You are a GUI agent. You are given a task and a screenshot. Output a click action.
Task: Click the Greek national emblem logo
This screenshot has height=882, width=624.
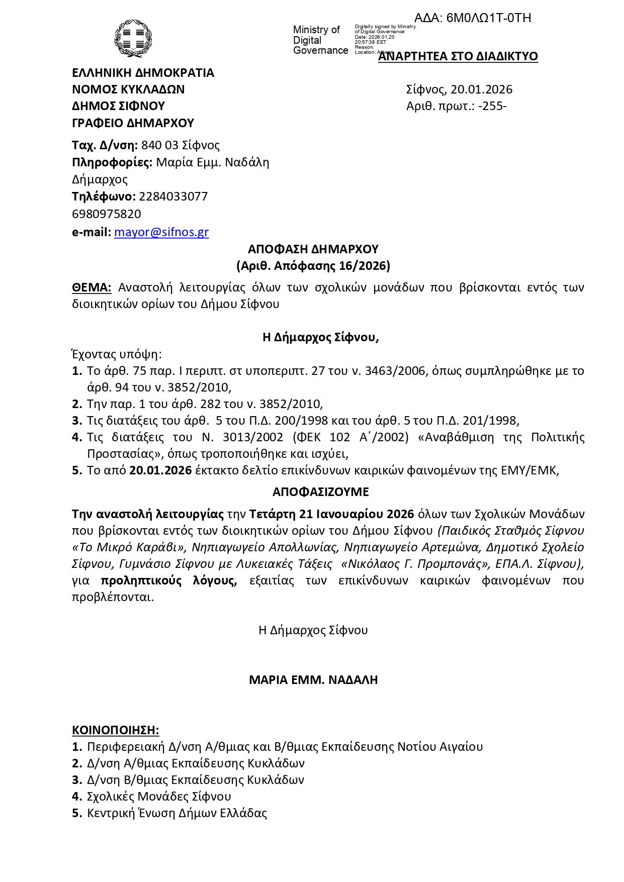click(133, 38)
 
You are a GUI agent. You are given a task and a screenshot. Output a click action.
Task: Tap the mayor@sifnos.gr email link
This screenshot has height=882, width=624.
click(161, 232)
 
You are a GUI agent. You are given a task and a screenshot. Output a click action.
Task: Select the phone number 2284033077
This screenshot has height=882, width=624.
click(173, 197)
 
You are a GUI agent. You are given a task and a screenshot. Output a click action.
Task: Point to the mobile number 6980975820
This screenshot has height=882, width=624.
click(107, 214)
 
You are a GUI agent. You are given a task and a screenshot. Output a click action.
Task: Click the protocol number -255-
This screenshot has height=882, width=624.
click(492, 106)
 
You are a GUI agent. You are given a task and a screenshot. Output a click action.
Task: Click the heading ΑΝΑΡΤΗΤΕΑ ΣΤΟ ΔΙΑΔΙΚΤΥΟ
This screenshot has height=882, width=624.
click(458, 56)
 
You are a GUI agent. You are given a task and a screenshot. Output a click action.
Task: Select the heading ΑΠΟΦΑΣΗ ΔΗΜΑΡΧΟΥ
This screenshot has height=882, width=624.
click(313, 249)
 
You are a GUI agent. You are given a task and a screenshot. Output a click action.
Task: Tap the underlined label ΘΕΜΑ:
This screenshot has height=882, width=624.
click(92, 287)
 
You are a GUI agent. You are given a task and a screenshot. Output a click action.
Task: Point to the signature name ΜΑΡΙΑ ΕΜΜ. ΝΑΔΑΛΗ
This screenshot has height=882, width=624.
click(313, 680)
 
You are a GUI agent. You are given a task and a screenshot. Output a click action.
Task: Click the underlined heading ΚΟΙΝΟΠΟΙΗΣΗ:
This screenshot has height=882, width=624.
click(115, 730)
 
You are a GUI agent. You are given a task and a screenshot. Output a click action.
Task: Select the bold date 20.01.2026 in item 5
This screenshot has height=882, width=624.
click(160, 470)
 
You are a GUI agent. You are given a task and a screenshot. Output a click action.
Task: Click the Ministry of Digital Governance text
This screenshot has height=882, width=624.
click(320, 40)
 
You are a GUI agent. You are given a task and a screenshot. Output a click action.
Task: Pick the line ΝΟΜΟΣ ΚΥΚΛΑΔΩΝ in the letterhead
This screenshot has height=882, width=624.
click(128, 89)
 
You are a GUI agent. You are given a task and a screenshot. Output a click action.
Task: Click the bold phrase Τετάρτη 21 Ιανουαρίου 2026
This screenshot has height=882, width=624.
click(331, 514)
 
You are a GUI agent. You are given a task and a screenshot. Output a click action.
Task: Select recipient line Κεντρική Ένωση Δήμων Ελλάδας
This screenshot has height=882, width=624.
click(176, 813)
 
